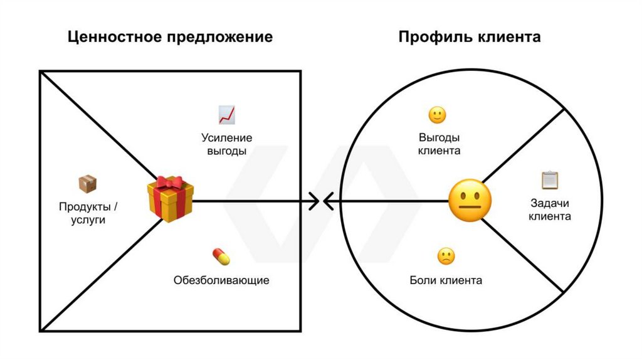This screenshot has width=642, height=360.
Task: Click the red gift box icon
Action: pos(170,199)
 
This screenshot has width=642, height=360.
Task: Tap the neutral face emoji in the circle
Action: pos(470,201)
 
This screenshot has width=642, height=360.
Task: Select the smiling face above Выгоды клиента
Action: pos(437,115)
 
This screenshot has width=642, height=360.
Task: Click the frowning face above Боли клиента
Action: pos(446,256)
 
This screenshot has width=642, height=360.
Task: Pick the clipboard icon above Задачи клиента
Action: pos(550,181)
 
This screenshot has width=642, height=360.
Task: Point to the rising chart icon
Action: pos(226,115)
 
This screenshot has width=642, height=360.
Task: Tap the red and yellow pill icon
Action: pos(221,257)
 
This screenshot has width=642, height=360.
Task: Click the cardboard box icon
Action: pos(87,184)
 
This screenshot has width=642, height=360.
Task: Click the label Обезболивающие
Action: pos(221,280)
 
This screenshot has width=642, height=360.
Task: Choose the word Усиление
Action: pos(226,137)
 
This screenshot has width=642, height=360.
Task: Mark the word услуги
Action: pos(88,221)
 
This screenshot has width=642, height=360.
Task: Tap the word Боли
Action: pos(423,280)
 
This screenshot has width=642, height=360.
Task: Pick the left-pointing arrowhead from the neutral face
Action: pos(327,201)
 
